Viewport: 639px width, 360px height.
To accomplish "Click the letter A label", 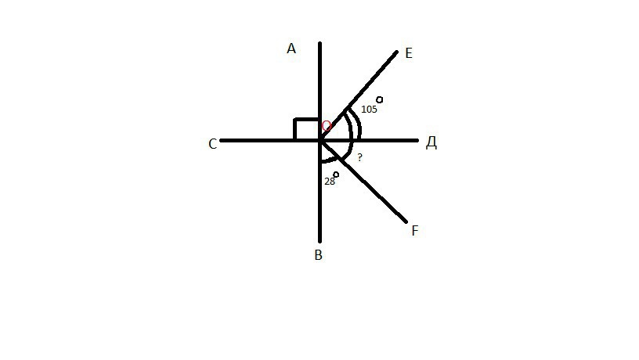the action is (x=291, y=49).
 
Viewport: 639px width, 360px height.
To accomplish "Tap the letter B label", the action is (x=319, y=255).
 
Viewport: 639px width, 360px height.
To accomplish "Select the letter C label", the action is (x=212, y=144).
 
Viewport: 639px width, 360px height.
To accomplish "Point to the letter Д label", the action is (x=431, y=142).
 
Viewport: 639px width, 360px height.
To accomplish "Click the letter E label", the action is (x=409, y=53).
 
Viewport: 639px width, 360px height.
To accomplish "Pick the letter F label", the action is (x=415, y=231).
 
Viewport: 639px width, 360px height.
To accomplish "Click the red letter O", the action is (x=327, y=126).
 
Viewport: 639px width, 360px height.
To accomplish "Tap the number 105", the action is (x=369, y=109).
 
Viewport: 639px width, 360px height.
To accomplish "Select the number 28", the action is (x=329, y=182).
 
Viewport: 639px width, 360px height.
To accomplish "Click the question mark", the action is (x=359, y=157).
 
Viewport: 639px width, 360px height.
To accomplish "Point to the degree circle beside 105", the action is (x=379, y=99).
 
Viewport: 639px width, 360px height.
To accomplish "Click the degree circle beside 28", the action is (x=336, y=175).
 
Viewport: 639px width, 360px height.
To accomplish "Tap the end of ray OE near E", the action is (x=396, y=52).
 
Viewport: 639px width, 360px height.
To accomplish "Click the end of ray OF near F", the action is (x=406, y=222).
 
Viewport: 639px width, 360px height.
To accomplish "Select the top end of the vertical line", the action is (x=320, y=42).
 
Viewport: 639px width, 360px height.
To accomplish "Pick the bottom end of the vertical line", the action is (x=320, y=242).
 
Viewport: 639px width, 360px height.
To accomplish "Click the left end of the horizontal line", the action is (x=221, y=141).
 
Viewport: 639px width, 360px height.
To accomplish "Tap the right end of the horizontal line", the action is (x=417, y=141).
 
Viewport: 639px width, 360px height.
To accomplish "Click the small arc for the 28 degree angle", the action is (x=332, y=160).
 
